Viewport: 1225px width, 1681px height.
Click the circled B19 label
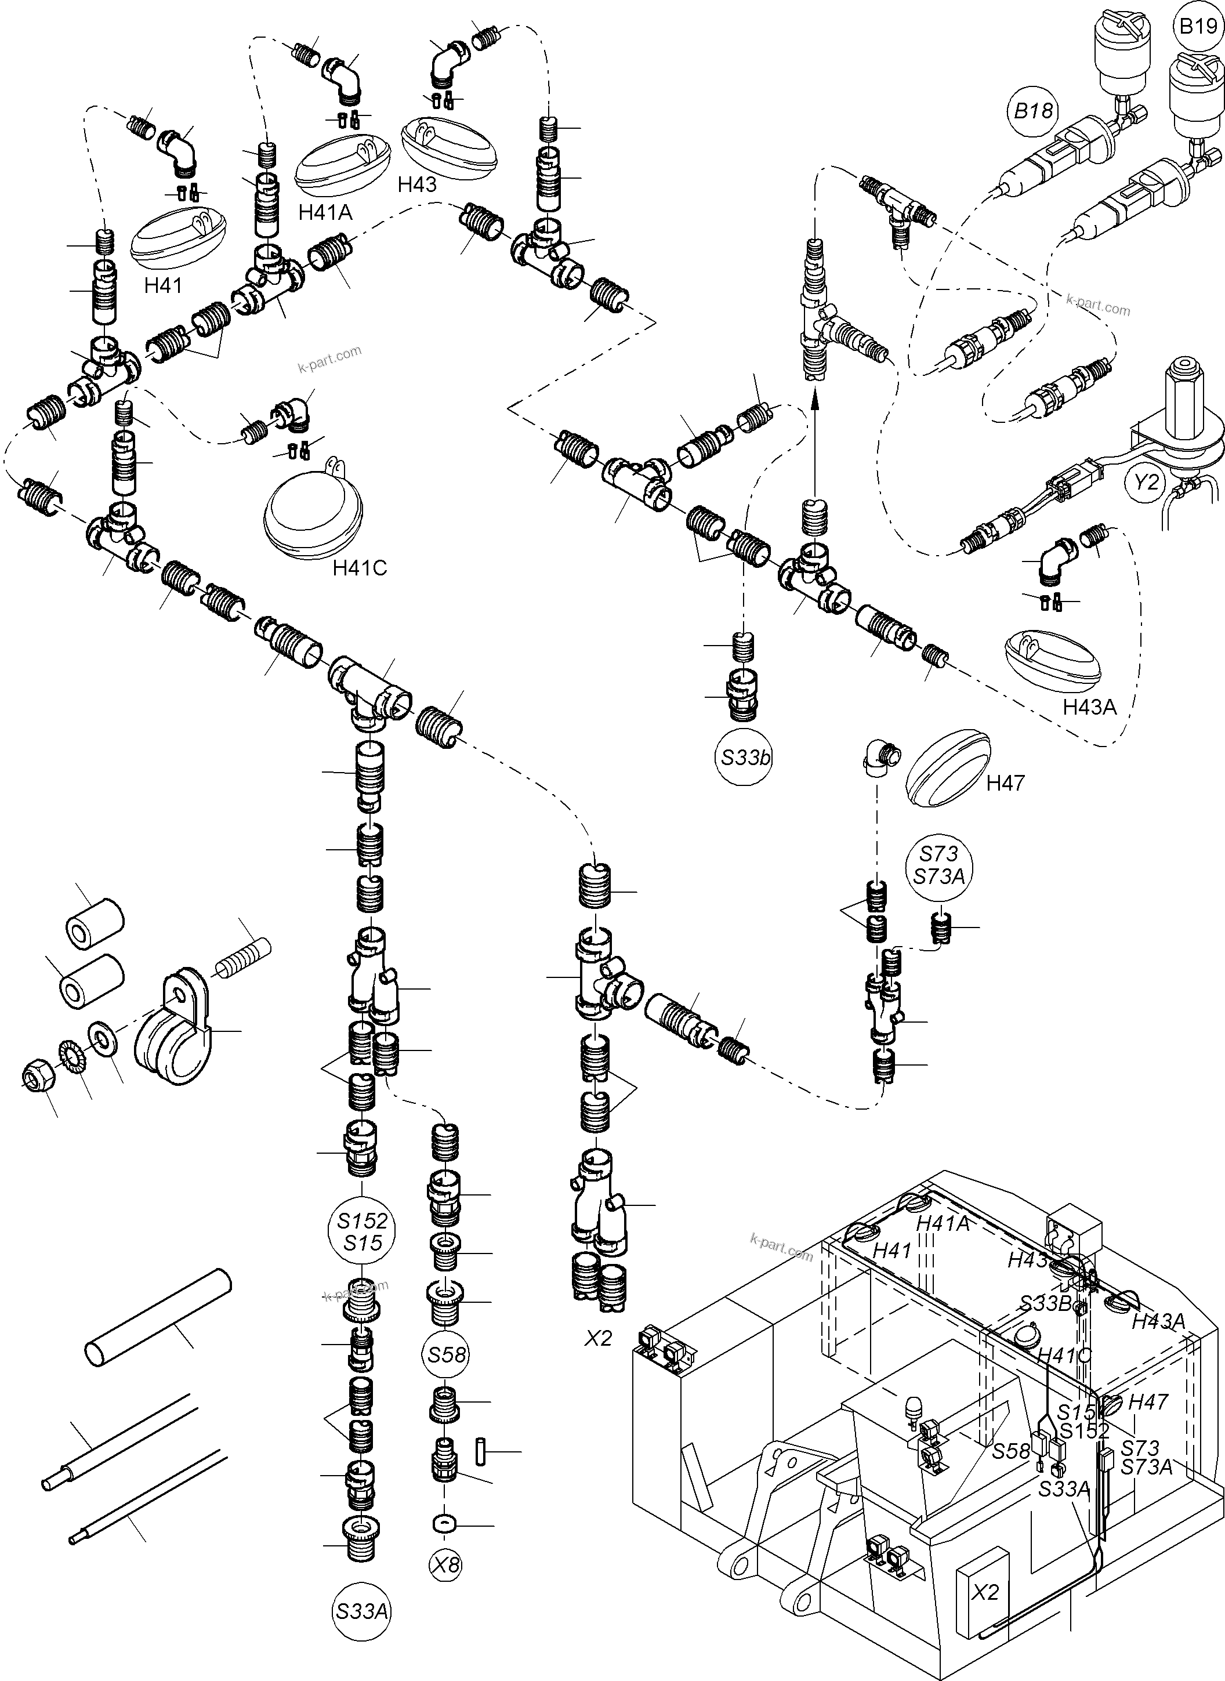(1198, 27)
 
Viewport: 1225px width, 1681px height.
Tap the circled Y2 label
(1146, 482)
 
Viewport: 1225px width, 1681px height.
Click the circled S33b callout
(745, 758)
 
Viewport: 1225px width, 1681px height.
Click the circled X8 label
(445, 1564)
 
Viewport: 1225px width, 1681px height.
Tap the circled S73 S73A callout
(939, 865)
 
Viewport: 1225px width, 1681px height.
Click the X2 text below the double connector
(597, 1338)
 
